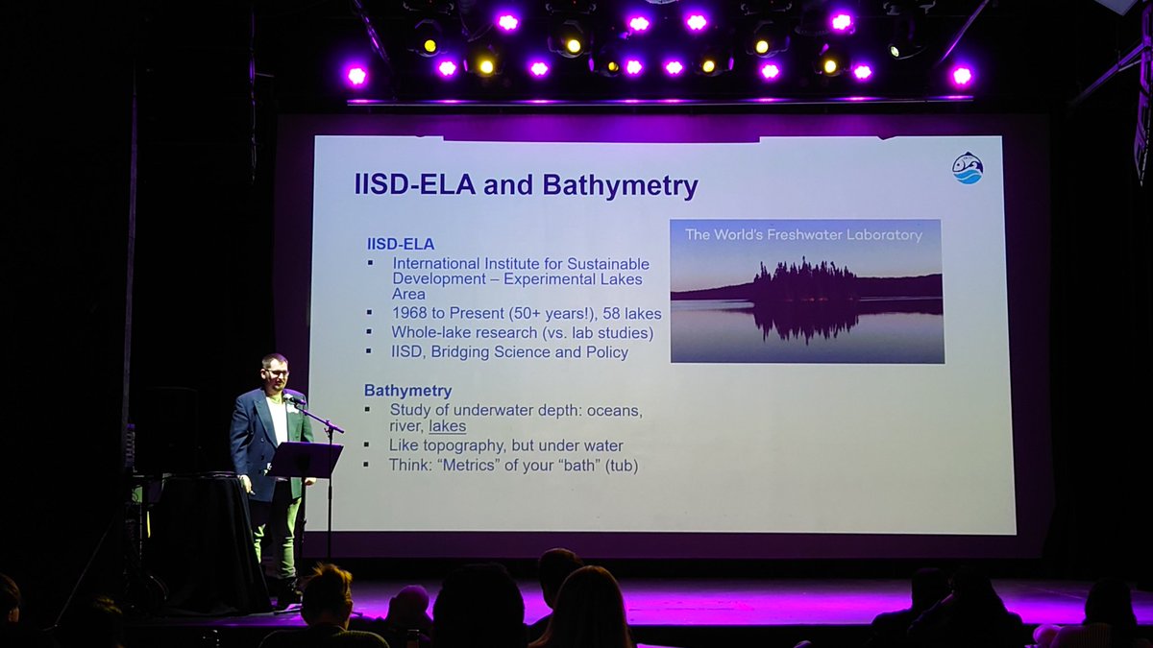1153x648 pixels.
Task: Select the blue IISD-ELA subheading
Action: click(401, 244)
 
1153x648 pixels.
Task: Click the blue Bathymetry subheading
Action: click(407, 391)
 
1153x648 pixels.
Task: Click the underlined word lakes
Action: click(447, 426)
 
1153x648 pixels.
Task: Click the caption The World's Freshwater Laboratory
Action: click(803, 234)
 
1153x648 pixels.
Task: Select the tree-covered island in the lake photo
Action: click(805, 283)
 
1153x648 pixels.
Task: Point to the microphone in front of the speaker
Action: click(293, 397)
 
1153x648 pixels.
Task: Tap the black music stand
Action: click(306, 460)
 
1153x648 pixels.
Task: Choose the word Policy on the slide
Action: click(605, 352)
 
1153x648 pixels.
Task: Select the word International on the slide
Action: click(438, 264)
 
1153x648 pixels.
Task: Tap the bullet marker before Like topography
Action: click(369, 445)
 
